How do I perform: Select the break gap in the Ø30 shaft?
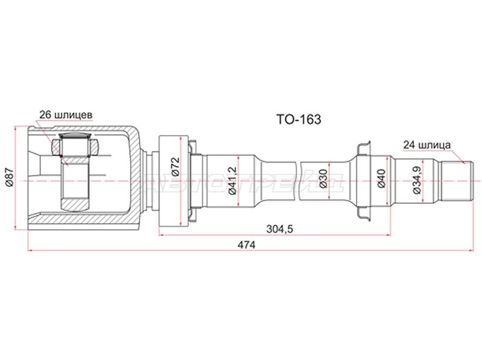click(299, 180)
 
